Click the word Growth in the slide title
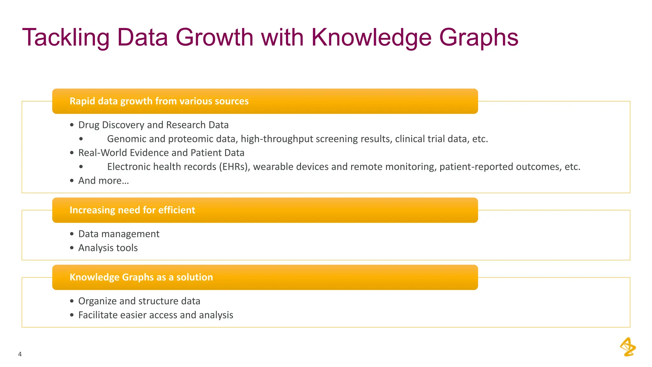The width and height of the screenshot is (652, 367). tap(214, 38)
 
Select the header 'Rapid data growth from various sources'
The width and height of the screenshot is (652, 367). tap(159, 101)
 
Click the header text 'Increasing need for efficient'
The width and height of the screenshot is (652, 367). tap(132, 210)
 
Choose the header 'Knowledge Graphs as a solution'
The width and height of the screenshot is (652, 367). tap(141, 277)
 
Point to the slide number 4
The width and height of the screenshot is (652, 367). tap(20, 354)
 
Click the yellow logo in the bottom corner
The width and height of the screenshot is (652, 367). tap(628, 347)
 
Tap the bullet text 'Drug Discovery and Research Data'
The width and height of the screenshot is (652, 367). tap(153, 125)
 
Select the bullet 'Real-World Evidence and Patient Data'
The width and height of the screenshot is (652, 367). tap(161, 153)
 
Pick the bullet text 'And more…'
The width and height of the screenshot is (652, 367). tap(103, 181)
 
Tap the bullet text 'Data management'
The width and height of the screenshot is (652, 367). tap(119, 234)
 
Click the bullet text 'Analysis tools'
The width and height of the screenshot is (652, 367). tap(108, 248)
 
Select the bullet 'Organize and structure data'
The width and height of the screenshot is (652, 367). tap(139, 301)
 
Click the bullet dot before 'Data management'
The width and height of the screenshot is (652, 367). tap(72, 234)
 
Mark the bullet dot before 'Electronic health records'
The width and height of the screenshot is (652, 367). tap(81, 167)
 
